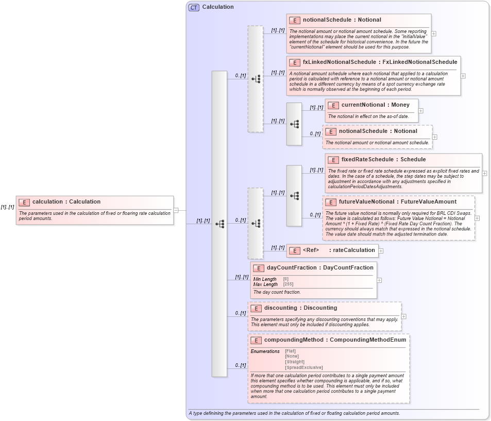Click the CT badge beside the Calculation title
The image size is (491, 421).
[x=194, y=7]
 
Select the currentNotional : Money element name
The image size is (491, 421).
[x=368, y=105]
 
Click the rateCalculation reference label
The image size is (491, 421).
[x=353, y=250]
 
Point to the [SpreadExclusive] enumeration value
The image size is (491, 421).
[x=303, y=367]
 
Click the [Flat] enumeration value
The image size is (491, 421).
[x=291, y=351]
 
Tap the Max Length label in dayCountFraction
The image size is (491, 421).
[x=265, y=284]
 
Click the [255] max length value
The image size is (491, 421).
[x=289, y=284]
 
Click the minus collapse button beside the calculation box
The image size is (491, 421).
[x=176, y=210]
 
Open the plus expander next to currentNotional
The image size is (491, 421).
[x=421, y=110]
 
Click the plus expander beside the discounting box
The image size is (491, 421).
[x=403, y=316]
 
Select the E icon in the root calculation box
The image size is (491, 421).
[x=24, y=202]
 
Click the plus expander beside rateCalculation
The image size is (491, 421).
[x=381, y=251]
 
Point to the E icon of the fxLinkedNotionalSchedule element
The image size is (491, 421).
[x=294, y=62]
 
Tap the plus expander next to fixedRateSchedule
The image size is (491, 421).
[x=485, y=173]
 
